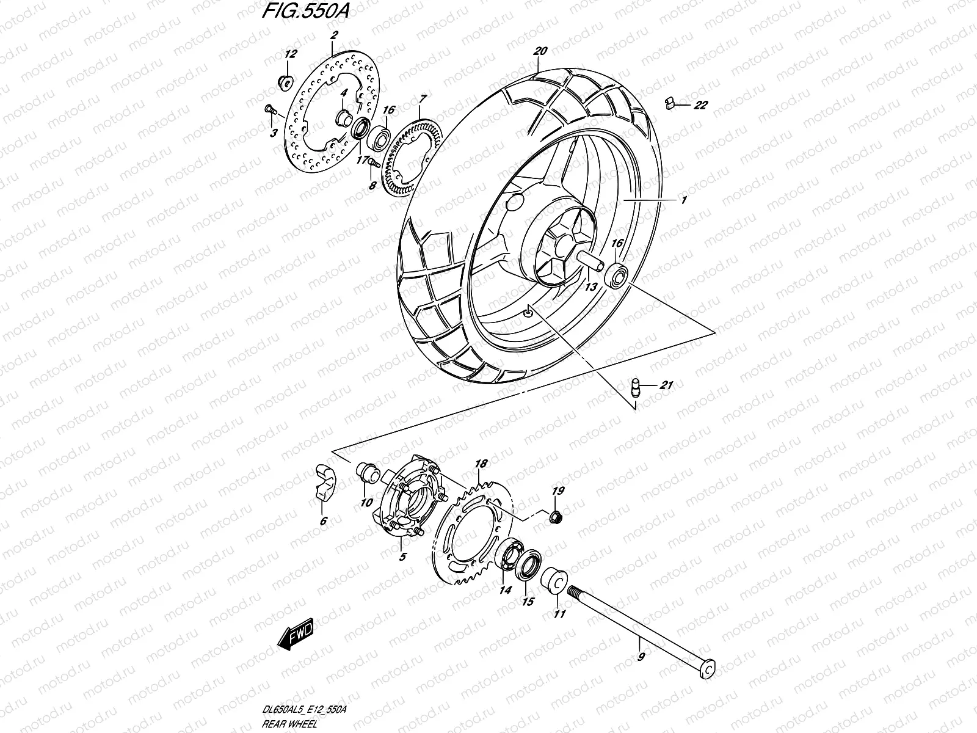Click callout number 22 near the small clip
pos(700,106)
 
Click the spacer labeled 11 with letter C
pos(554,580)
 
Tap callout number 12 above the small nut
pos(290,54)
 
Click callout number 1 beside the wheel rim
pos(684,200)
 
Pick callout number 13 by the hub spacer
pos(590,286)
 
